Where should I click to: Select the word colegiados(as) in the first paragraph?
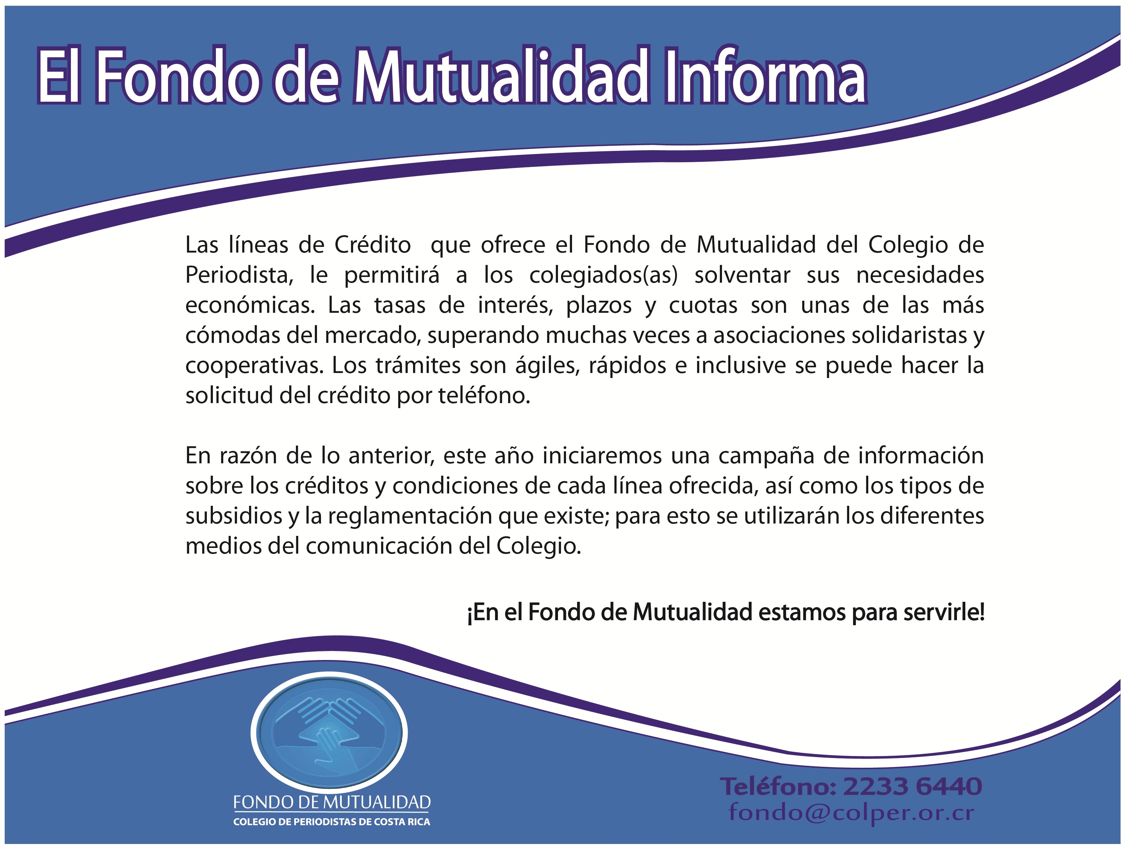point(604,276)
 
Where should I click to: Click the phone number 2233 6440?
point(912,786)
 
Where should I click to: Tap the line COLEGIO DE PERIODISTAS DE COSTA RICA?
point(332,822)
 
